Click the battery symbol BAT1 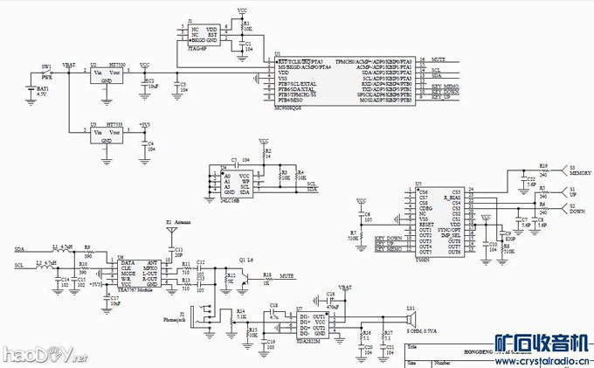click(x=33, y=91)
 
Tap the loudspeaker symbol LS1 click(x=411, y=316)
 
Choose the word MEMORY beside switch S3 click(x=580, y=173)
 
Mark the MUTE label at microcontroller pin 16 click(x=439, y=59)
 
